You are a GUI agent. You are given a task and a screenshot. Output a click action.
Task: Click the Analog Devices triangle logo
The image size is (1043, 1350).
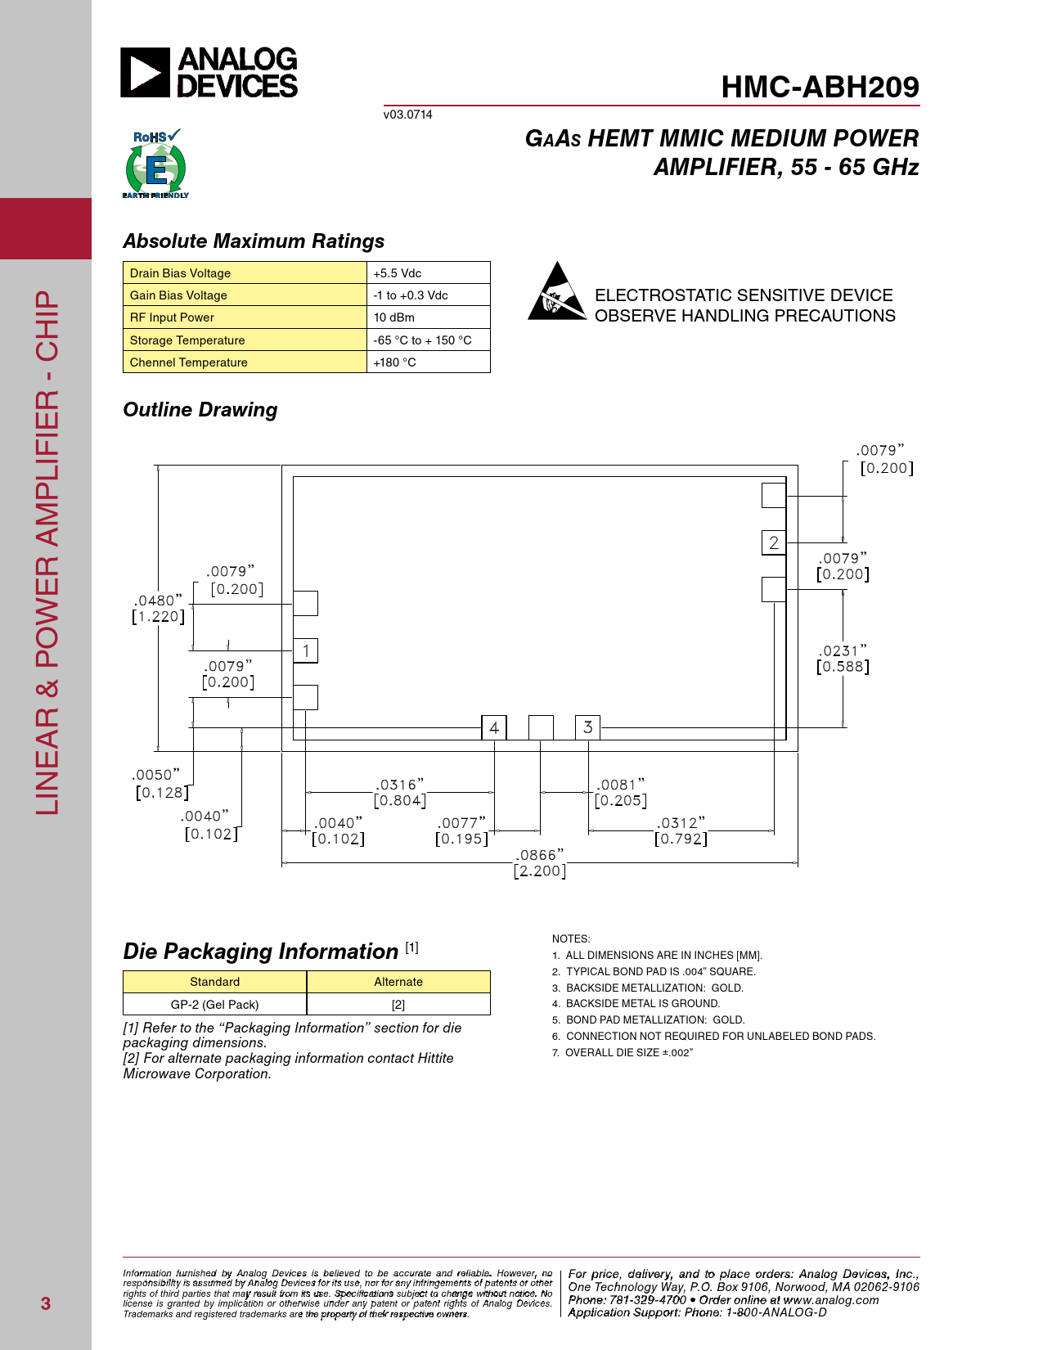click(145, 72)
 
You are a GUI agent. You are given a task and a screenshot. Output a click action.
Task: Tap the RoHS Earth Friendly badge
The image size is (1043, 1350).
click(155, 164)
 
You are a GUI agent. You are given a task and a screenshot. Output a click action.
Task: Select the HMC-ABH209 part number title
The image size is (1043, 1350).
click(820, 87)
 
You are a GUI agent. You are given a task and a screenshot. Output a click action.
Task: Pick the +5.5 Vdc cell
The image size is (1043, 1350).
click(428, 273)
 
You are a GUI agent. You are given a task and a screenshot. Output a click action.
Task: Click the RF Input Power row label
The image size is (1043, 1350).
click(172, 317)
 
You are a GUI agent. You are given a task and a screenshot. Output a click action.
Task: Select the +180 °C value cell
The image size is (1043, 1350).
click(428, 362)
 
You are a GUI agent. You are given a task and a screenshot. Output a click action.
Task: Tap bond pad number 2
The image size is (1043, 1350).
click(774, 542)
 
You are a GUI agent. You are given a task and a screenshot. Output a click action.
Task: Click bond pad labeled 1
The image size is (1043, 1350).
click(306, 650)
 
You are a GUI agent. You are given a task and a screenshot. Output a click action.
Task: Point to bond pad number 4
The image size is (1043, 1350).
click(494, 727)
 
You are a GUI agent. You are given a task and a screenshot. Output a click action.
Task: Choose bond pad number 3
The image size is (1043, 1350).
click(587, 727)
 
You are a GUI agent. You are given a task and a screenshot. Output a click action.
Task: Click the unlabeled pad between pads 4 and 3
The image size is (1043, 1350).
click(541, 727)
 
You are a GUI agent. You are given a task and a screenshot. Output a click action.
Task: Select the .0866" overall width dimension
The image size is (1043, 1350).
click(540, 863)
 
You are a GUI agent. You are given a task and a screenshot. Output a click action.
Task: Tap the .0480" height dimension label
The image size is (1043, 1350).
click(159, 608)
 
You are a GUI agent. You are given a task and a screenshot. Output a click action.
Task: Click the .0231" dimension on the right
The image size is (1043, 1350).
click(843, 659)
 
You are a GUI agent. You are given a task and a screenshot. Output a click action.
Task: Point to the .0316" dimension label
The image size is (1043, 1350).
click(400, 792)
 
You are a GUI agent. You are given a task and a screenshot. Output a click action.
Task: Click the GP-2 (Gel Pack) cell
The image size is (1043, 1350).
click(215, 1005)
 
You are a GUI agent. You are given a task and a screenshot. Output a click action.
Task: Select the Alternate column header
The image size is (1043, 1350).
click(398, 982)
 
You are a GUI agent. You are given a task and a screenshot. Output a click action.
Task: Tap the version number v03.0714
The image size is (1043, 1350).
click(407, 115)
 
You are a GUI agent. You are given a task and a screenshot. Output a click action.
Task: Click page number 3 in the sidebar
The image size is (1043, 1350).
click(45, 1303)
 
